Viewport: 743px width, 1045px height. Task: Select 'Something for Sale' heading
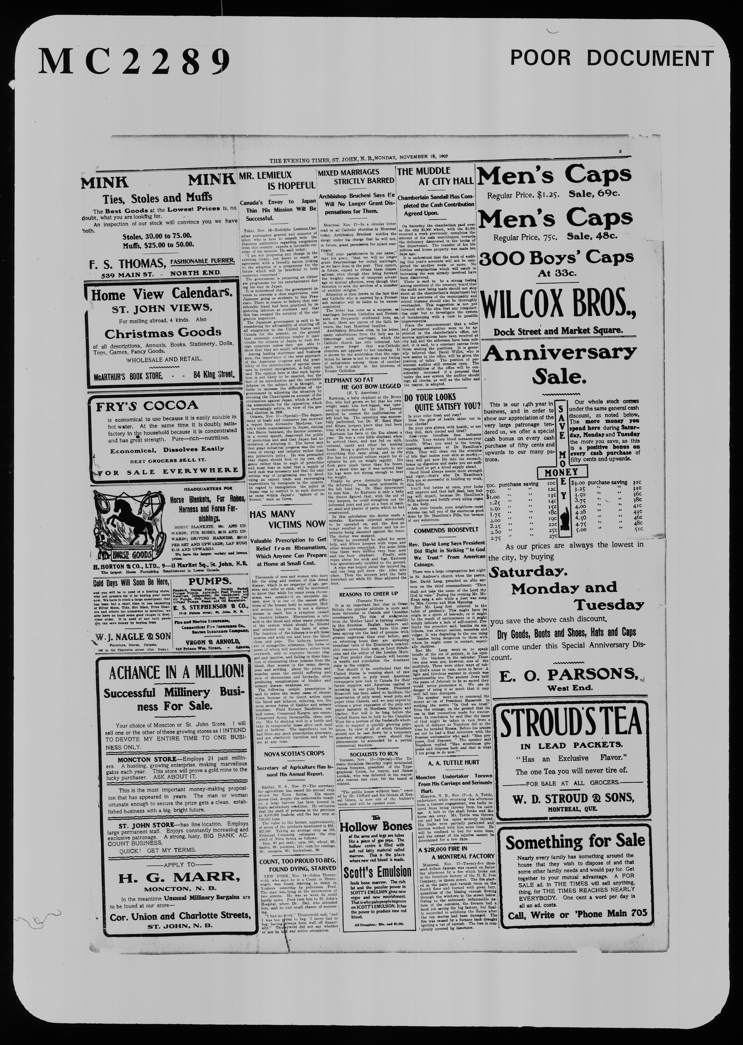tap(575, 841)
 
